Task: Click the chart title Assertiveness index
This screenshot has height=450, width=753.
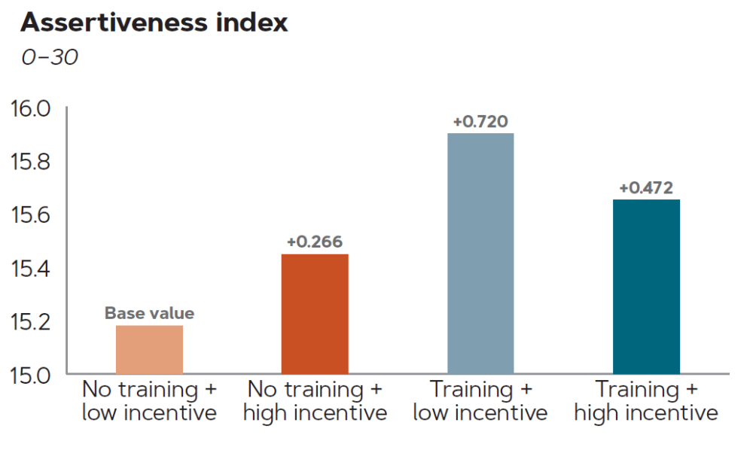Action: [154, 23]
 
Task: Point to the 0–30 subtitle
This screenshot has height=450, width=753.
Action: [49, 57]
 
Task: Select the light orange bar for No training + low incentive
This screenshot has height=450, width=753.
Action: [149, 349]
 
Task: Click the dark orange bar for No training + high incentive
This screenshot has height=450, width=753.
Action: [315, 314]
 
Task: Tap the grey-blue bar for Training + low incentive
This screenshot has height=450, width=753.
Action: [480, 254]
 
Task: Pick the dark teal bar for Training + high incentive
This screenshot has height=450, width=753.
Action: [646, 287]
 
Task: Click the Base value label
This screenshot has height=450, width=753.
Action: [149, 313]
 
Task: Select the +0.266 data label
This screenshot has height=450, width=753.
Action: [315, 242]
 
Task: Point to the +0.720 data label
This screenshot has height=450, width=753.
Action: [480, 121]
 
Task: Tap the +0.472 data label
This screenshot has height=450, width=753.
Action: [646, 187]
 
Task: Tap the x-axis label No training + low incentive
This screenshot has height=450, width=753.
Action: [149, 401]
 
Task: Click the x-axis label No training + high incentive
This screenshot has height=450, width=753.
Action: [315, 401]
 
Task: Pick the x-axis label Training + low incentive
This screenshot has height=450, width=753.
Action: [480, 401]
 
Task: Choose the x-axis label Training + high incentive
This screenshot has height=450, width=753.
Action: [646, 401]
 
